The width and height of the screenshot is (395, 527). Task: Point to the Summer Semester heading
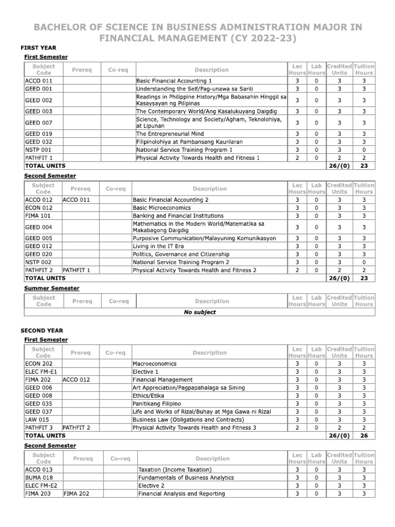click(x=52, y=288)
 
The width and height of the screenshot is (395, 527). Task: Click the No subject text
click(x=200, y=312)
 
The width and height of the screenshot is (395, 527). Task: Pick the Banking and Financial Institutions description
click(x=178, y=216)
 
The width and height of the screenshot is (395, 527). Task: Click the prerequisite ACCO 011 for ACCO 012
click(x=76, y=200)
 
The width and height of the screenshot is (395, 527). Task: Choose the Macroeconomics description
click(x=154, y=363)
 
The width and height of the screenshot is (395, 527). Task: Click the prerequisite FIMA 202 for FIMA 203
click(x=77, y=494)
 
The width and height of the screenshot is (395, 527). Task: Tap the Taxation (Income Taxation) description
click(x=175, y=469)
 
